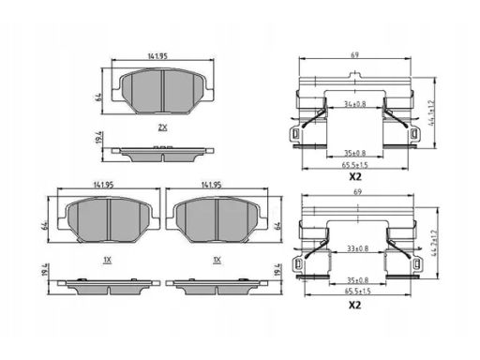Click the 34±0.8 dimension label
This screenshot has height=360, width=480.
click(x=354, y=104)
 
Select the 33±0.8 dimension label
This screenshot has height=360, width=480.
click(x=357, y=248)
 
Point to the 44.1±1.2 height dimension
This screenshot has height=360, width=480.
click(x=432, y=112)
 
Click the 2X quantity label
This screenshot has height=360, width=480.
click(x=162, y=127)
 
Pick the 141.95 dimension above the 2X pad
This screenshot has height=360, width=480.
click(x=157, y=56)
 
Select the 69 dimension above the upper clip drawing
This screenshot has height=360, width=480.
click(x=354, y=55)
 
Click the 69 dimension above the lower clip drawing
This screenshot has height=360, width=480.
click(x=357, y=191)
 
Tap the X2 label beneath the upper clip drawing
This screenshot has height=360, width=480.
click(x=355, y=177)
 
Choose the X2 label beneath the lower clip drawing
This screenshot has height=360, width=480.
click(x=355, y=305)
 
